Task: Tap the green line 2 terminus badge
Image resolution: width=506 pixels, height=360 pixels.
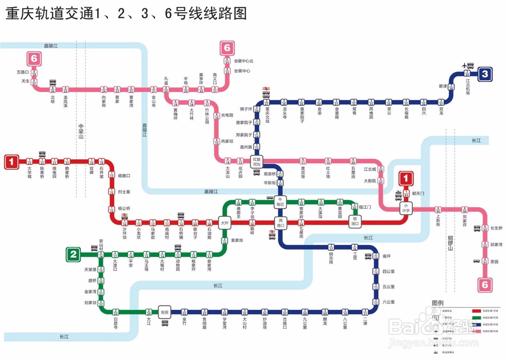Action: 74,254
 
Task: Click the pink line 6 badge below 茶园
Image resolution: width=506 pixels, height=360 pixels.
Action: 485,285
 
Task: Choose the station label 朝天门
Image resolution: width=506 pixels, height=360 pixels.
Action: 418,194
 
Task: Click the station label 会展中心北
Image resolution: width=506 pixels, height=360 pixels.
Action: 242,61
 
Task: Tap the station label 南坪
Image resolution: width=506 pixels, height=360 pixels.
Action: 387,256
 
